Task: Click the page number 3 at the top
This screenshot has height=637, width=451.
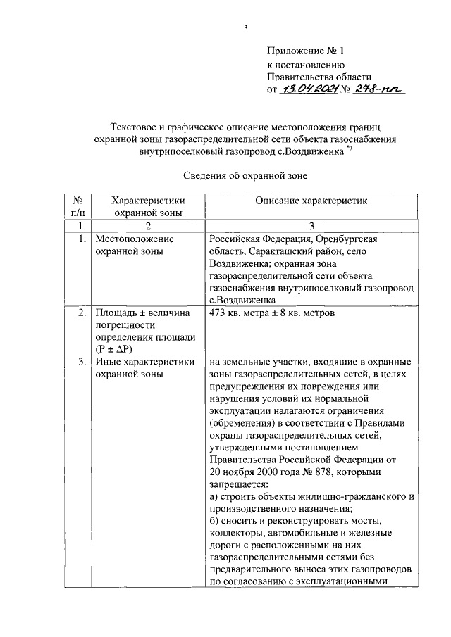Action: tap(245, 27)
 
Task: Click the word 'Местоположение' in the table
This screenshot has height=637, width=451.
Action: tap(134, 239)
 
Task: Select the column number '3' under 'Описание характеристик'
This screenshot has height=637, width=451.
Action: tap(311, 225)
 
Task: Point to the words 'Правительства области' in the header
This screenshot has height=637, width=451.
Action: tap(319, 77)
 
